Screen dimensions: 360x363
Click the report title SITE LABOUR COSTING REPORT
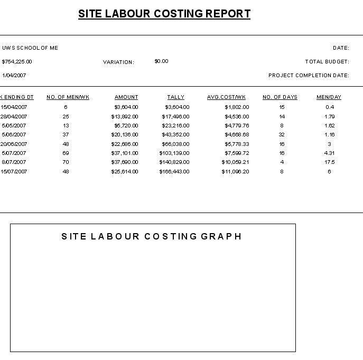point(164,14)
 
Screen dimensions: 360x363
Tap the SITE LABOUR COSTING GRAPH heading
point(152,236)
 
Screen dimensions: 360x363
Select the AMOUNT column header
point(126,97)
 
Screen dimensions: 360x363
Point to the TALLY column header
point(175,97)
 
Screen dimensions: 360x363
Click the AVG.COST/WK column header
point(226,97)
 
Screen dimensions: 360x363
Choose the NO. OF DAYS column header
point(280,97)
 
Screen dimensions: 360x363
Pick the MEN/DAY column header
point(329,97)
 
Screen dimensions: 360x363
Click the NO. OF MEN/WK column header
point(68,97)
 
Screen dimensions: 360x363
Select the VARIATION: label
point(118,62)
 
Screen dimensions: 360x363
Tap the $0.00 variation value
point(161,61)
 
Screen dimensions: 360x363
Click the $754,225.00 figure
point(17,62)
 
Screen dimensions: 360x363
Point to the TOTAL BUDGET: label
point(327,62)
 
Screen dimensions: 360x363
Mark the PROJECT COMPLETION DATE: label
point(309,76)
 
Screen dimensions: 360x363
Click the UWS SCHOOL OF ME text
point(30,48)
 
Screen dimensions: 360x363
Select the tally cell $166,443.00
point(174,172)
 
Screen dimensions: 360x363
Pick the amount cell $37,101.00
point(125,153)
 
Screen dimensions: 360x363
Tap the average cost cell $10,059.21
point(235,162)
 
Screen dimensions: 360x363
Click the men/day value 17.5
point(330,162)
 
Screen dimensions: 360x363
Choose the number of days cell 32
point(282,135)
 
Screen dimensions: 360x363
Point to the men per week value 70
point(66,162)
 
